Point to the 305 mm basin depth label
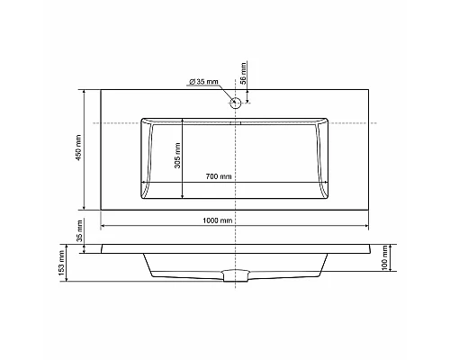176,157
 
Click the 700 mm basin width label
220,175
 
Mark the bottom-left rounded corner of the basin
145,195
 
